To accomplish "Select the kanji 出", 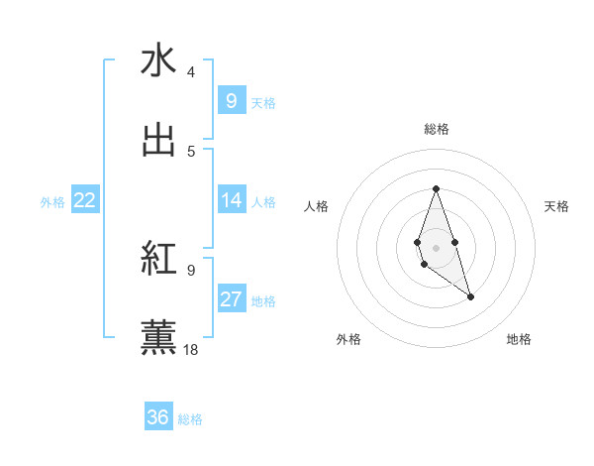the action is coord(158,139).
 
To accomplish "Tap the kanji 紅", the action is coord(158,258).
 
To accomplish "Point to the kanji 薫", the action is coord(158,336).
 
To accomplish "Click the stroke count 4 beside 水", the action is coord(190,72).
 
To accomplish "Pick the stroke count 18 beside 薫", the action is coord(191,349).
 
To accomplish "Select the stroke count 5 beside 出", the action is coord(190,152).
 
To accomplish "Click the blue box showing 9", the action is coord(231,101).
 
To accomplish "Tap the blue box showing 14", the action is coord(231,200).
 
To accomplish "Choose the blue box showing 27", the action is coord(231,299).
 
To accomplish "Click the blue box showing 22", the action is coord(85,200).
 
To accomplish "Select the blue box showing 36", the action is coord(157,417).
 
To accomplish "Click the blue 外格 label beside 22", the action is coord(52,201).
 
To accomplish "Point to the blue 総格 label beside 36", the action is coord(190,419).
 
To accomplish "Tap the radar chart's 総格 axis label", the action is coord(437,129).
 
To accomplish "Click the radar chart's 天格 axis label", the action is coord(557,206).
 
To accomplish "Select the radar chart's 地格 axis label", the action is coord(519,340).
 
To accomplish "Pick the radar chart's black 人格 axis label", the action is coord(316,206).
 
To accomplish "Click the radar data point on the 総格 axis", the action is coord(436,188).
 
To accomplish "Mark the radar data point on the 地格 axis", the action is coord(470,296).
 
